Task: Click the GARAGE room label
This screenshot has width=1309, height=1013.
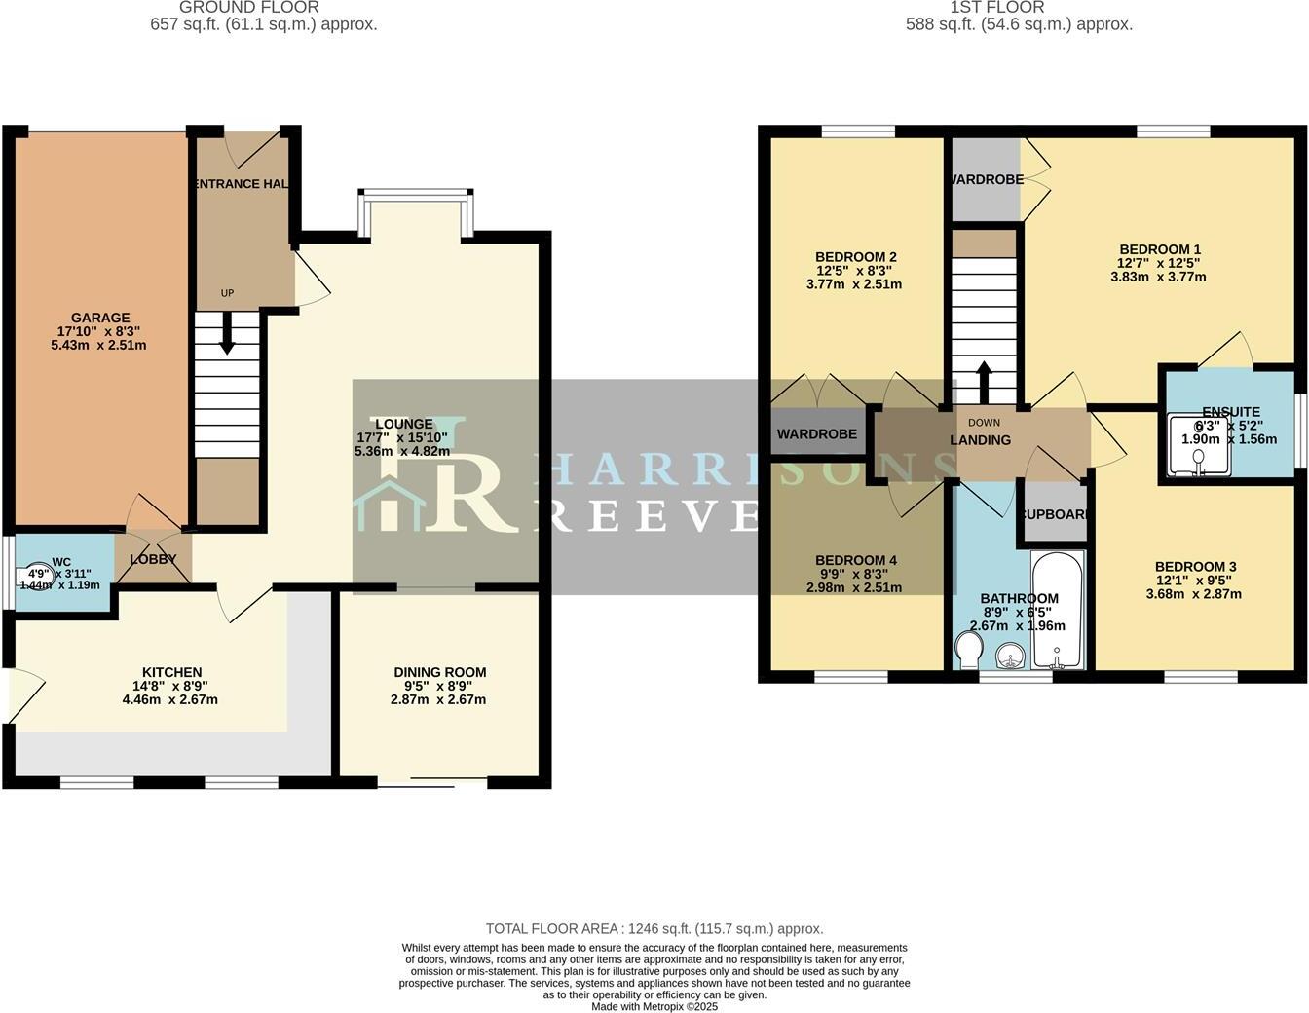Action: (x=100, y=318)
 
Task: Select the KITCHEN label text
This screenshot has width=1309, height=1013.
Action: (x=171, y=672)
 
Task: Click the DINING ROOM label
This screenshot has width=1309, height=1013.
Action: (x=439, y=672)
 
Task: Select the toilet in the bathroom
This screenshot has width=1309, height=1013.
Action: (x=969, y=651)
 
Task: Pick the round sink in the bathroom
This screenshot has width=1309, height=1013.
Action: (x=1012, y=655)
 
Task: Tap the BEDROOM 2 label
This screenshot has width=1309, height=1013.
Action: (x=855, y=257)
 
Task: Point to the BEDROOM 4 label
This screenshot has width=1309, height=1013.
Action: (x=855, y=560)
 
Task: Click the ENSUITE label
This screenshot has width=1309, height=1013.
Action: (x=1230, y=412)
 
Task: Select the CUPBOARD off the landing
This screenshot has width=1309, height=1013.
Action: (x=1052, y=513)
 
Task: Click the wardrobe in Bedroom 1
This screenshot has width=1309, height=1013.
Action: (x=986, y=180)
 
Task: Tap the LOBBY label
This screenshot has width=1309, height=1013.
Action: (x=153, y=559)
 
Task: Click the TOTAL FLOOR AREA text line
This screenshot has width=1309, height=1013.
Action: (x=654, y=929)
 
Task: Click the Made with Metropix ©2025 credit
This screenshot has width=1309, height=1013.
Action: (x=654, y=1006)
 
